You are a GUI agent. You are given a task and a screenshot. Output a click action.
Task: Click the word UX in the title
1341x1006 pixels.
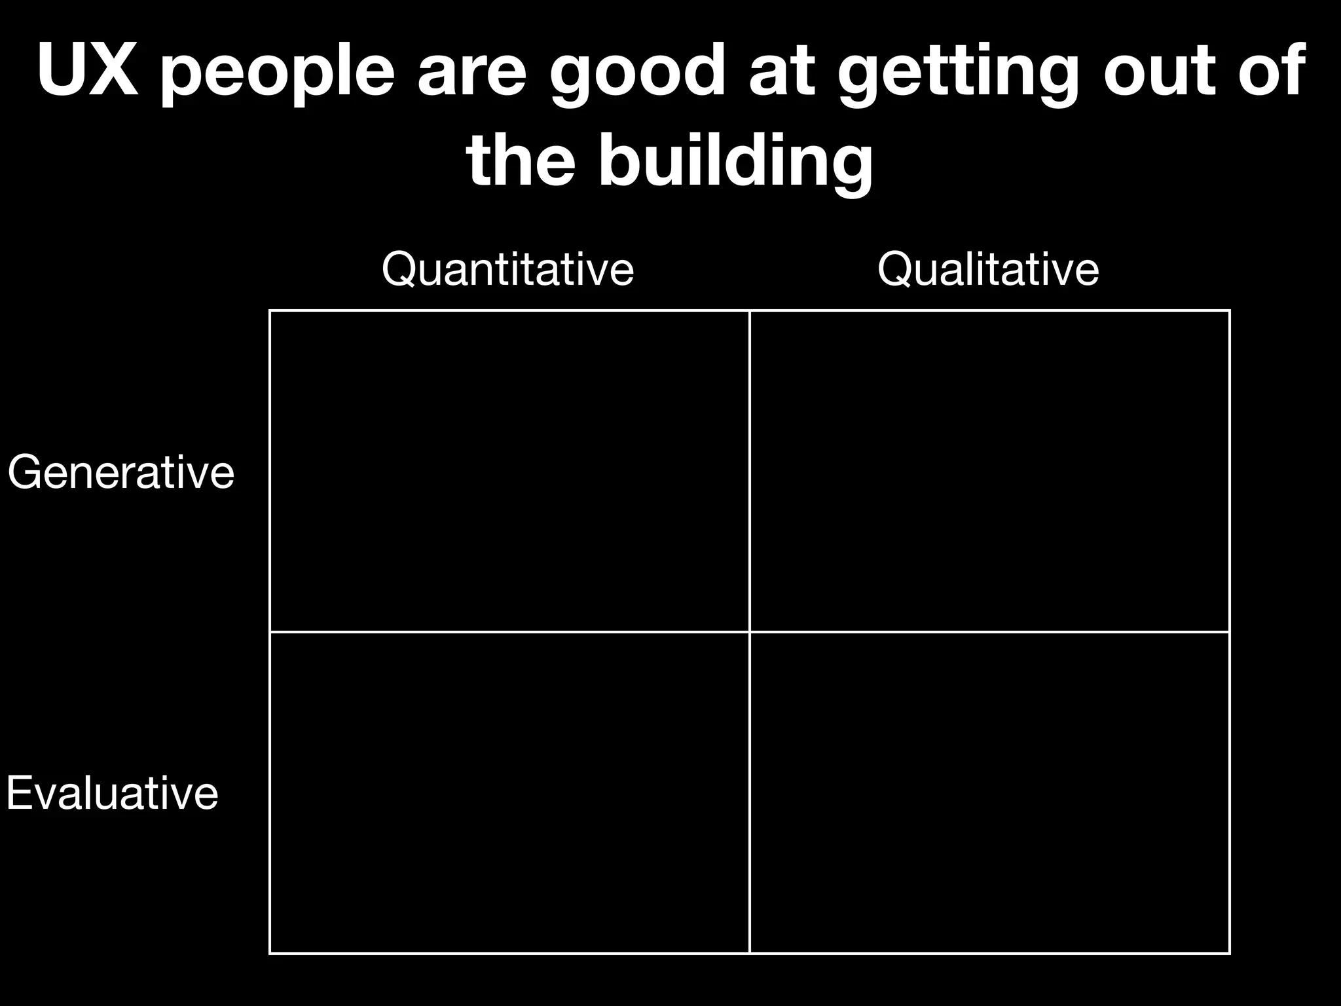pyautogui.click(x=88, y=70)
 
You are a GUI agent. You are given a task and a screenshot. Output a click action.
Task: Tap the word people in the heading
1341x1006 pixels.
pyautogui.click(x=278, y=73)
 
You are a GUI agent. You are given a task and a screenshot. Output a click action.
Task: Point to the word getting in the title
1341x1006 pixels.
pyautogui.click(x=957, y=73)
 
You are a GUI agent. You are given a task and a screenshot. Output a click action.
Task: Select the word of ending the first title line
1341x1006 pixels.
pyautogui.click(x=1270, y=70)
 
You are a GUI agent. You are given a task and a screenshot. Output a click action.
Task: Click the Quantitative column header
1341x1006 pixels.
pyautogui.click(x=507, y=269)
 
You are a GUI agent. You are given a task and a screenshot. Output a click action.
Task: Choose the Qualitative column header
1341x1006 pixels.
pyautogui.click(x=987, y=269)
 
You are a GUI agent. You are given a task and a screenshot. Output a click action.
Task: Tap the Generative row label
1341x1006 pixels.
pyautogui.click(x=121, y=472)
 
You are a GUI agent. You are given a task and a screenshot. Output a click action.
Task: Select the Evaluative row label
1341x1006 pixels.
pyautogui.click(x=112, y=793)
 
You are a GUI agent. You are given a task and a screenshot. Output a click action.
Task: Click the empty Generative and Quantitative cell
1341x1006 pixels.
pyautogui.click(x=509, y=472)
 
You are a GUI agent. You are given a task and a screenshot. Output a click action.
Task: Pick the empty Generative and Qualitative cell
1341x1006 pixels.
pyautogui.click(x=989, y=472)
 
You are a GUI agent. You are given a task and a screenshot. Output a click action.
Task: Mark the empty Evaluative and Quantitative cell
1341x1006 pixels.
pyautogui.click(x=509, y=792)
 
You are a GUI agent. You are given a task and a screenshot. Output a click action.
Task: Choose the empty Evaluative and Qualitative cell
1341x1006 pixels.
pyautogui.click(x=989, y=792)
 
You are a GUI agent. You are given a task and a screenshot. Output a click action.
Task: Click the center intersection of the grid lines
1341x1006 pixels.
pyautogui.click(x=750, y=632)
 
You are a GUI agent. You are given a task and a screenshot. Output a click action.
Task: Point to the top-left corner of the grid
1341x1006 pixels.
pyautogui.click(x=270, y=311)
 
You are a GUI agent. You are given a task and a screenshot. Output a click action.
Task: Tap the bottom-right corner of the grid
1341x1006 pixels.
pyautogui.click(x=1230, y=953)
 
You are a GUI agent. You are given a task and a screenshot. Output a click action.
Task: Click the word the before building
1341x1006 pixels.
pyautogui.click(x=521, y=161)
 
